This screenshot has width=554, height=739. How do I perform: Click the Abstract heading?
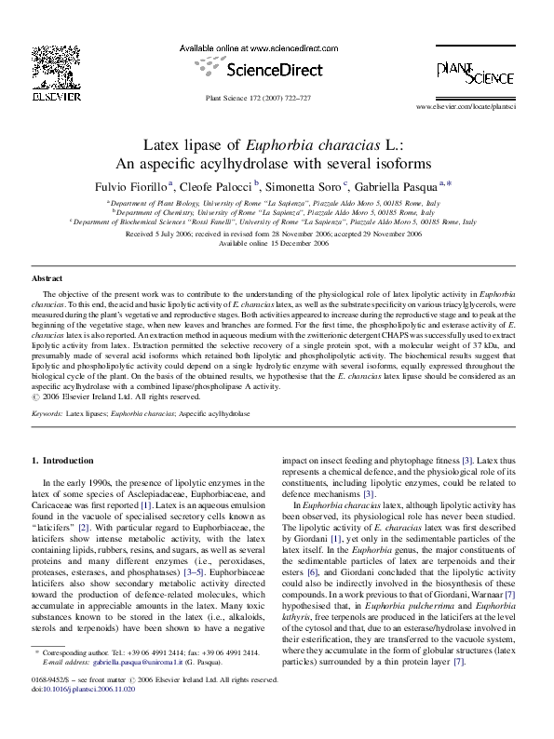coord(47,278)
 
